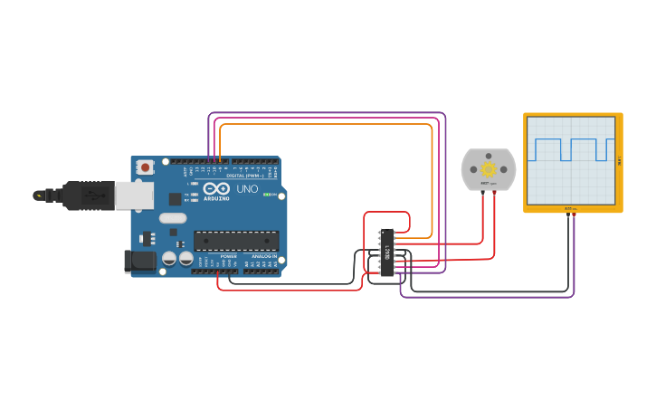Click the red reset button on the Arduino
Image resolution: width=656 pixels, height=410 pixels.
[145, 167]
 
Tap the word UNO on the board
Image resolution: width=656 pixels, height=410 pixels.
[247, 190]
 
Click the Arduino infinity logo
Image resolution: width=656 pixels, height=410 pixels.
[216, 190]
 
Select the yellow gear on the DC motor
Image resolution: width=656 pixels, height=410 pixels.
[489, 168]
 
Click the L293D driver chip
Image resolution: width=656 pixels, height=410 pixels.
[387, 252]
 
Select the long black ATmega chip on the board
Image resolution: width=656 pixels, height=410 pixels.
[235, 240]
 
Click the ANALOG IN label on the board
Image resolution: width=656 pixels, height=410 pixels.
[264, 256]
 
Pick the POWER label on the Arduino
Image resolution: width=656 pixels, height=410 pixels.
[229, 256]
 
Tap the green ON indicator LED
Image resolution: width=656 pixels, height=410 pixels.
[269, 194]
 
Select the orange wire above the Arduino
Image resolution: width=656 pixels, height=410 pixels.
[326, 125]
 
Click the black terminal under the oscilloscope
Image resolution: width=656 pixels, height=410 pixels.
[568, 215]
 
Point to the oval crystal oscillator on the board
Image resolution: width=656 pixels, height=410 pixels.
[172, 217]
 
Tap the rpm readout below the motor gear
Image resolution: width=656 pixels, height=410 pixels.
[489, 184]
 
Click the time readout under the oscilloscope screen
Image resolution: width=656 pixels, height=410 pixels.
[571, 208]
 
